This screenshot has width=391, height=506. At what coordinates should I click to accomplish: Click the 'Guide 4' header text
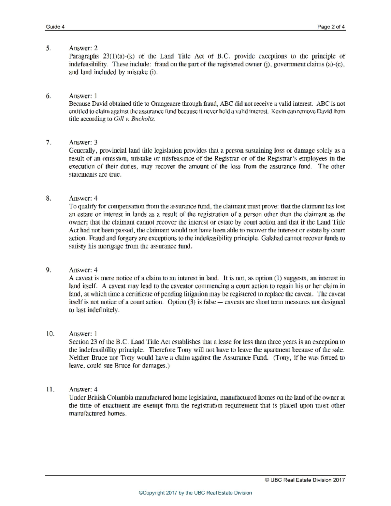point(55,27)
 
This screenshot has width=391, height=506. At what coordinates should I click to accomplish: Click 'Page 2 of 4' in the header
point(331,27)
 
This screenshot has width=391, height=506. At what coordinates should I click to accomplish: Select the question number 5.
point(48,48)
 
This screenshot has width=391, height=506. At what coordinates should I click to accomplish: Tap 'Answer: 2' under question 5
point(83,48)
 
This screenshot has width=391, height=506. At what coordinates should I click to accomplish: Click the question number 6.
point(48,96)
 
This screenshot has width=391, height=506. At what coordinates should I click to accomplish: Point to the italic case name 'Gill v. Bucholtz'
point(134,119)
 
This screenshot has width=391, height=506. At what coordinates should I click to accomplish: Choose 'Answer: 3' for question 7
point(83,142)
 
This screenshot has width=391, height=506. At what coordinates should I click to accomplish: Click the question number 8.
point(48,198)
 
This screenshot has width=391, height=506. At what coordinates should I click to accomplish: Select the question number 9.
point(48,270)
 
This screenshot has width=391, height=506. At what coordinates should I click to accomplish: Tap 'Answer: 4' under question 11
point(83,389)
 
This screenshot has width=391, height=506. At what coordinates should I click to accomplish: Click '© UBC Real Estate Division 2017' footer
point(305,480)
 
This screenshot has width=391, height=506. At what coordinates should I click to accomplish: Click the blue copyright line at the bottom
point(195,493)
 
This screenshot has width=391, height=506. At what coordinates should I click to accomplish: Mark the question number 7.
point(48,142)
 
